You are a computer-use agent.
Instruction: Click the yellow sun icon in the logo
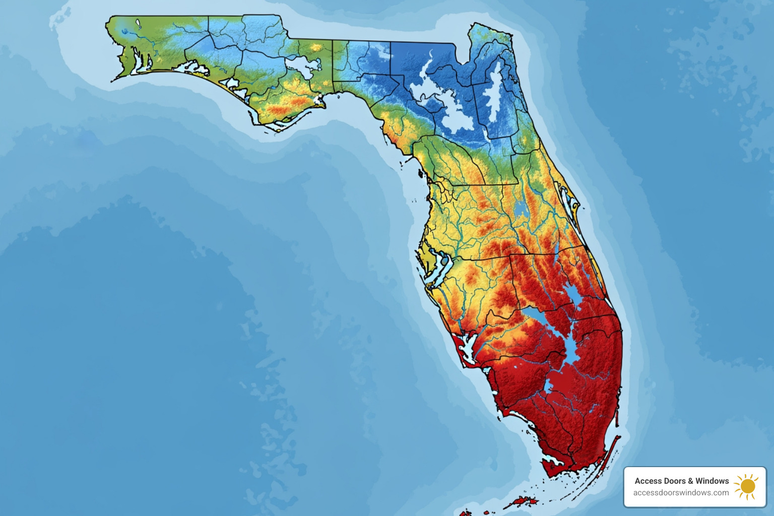747,486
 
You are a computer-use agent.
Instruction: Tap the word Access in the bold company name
646,481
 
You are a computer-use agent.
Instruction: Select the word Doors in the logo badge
673,481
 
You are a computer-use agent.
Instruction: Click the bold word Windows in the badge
712,481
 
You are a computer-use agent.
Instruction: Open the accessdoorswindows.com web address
681,493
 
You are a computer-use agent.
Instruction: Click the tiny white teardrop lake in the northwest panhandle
138,22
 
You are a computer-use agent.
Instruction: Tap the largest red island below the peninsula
519,501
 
